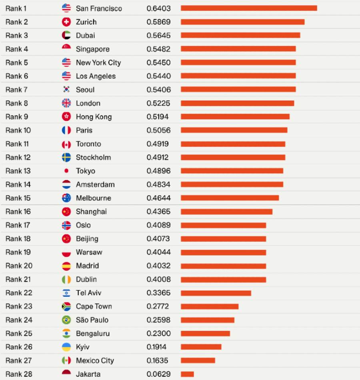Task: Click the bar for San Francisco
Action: point(248,8)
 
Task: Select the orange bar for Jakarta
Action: point(187,374)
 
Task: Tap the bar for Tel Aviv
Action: point(216,293)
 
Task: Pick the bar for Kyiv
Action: point(201,347)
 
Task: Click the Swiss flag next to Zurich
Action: point(66,22)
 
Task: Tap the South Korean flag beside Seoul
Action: point(66,90)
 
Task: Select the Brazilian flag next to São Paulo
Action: point(66,320)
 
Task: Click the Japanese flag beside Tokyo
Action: point(66,171)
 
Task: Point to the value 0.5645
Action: point(158,36)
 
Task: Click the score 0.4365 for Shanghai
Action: point(158,212)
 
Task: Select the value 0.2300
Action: point(158,334)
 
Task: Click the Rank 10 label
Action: point(18,130)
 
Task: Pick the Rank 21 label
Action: point(19,279)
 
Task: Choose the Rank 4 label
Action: point(17,49)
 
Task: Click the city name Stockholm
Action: point(93,158)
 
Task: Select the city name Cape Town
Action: point(94,306)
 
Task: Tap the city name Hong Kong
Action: point(94,117)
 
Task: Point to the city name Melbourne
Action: point(93,198)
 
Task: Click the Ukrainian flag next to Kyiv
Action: point(66,347)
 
